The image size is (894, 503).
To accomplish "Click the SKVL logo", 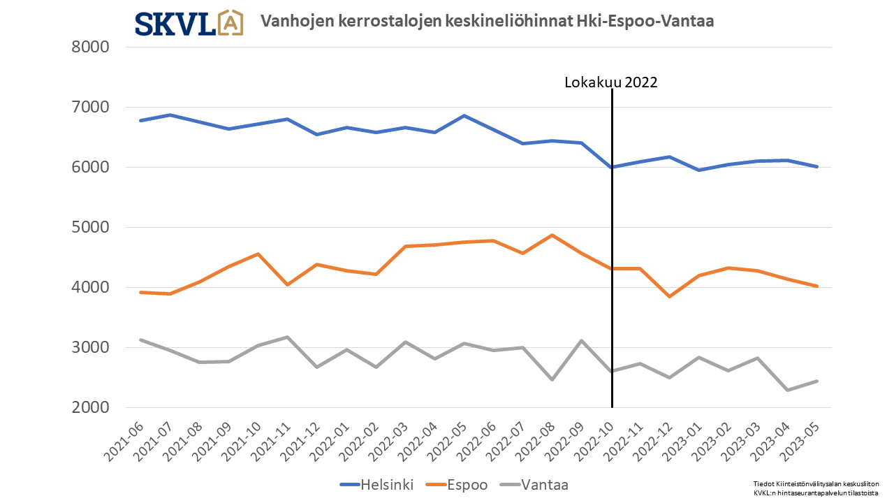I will (x=189, y=23).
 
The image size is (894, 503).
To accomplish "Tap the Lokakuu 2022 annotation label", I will (x=611, y=82).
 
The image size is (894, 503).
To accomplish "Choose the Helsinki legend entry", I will (x=376, y=485).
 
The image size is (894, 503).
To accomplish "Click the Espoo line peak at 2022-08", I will (x=552, y=235).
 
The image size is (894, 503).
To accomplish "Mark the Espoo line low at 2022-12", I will (x=670, y=296).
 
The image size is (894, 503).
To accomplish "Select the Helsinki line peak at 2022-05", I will (x=464, y=116).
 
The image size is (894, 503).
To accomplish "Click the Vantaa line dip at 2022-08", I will (x=552, y=379).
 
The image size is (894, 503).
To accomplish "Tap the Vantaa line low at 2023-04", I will (x=787, y=390).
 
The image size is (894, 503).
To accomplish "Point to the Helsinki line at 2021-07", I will (x=171, y=115).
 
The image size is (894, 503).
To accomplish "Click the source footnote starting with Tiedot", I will (x=815, y=488).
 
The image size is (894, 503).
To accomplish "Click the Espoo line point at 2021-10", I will (x=259, y=254).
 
